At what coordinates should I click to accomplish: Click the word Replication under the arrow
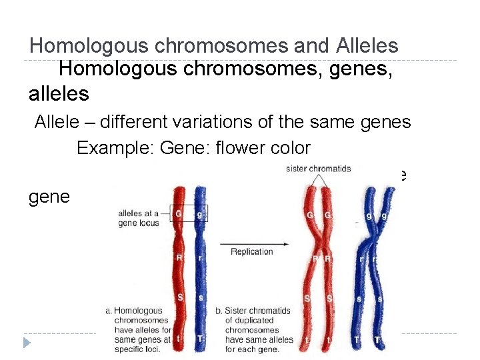pos(251,251)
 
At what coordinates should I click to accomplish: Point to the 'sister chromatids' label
pos(318,169)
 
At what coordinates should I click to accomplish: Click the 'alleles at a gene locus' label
pos(138,217)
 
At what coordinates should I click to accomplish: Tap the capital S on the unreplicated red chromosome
pos(179,297)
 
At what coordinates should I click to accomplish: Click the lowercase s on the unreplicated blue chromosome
pos(201,297)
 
